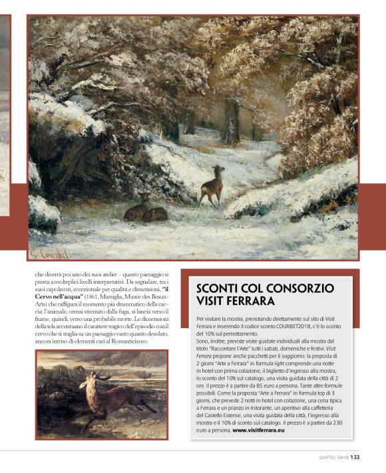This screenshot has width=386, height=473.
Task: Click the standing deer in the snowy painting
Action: point(212,185)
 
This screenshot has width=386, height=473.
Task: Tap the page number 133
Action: point(355,456)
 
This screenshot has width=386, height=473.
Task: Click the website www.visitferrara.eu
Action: point(259,430)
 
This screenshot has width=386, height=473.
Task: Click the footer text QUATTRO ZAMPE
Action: point(330,456)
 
